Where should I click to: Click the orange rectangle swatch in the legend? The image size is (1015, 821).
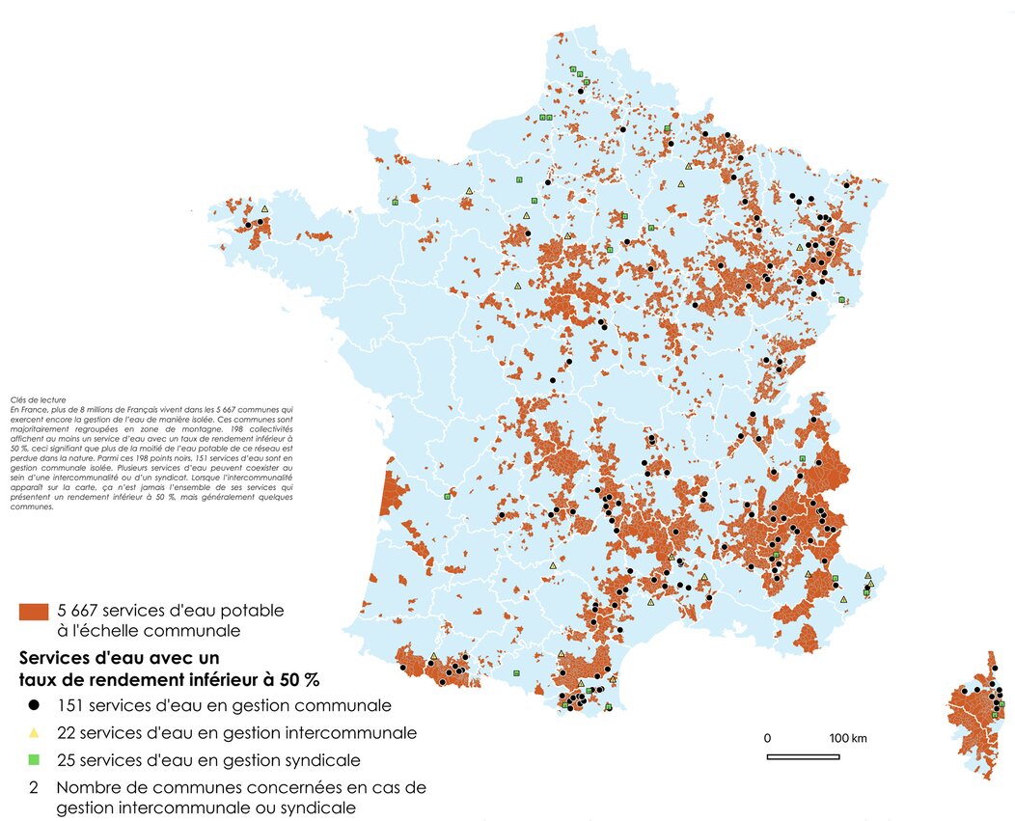point(33,612)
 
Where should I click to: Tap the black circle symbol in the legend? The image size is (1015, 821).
point(34,705)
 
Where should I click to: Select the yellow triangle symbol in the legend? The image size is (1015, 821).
point(34,733)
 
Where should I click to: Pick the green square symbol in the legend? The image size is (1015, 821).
point(34,760)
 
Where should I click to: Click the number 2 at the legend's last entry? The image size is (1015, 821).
point(34,787)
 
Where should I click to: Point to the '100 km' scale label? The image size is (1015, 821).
point(848,739)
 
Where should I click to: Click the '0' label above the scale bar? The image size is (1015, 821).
point(768,739)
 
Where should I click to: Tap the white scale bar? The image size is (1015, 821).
point(803,756)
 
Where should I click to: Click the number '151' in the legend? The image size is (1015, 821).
point(73,705)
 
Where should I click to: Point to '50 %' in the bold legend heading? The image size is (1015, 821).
point(297,678)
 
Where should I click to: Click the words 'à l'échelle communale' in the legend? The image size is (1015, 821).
point(149,632)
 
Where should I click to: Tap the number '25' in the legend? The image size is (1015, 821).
point(69,760)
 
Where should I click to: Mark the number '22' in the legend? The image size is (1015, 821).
point(69,733)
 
